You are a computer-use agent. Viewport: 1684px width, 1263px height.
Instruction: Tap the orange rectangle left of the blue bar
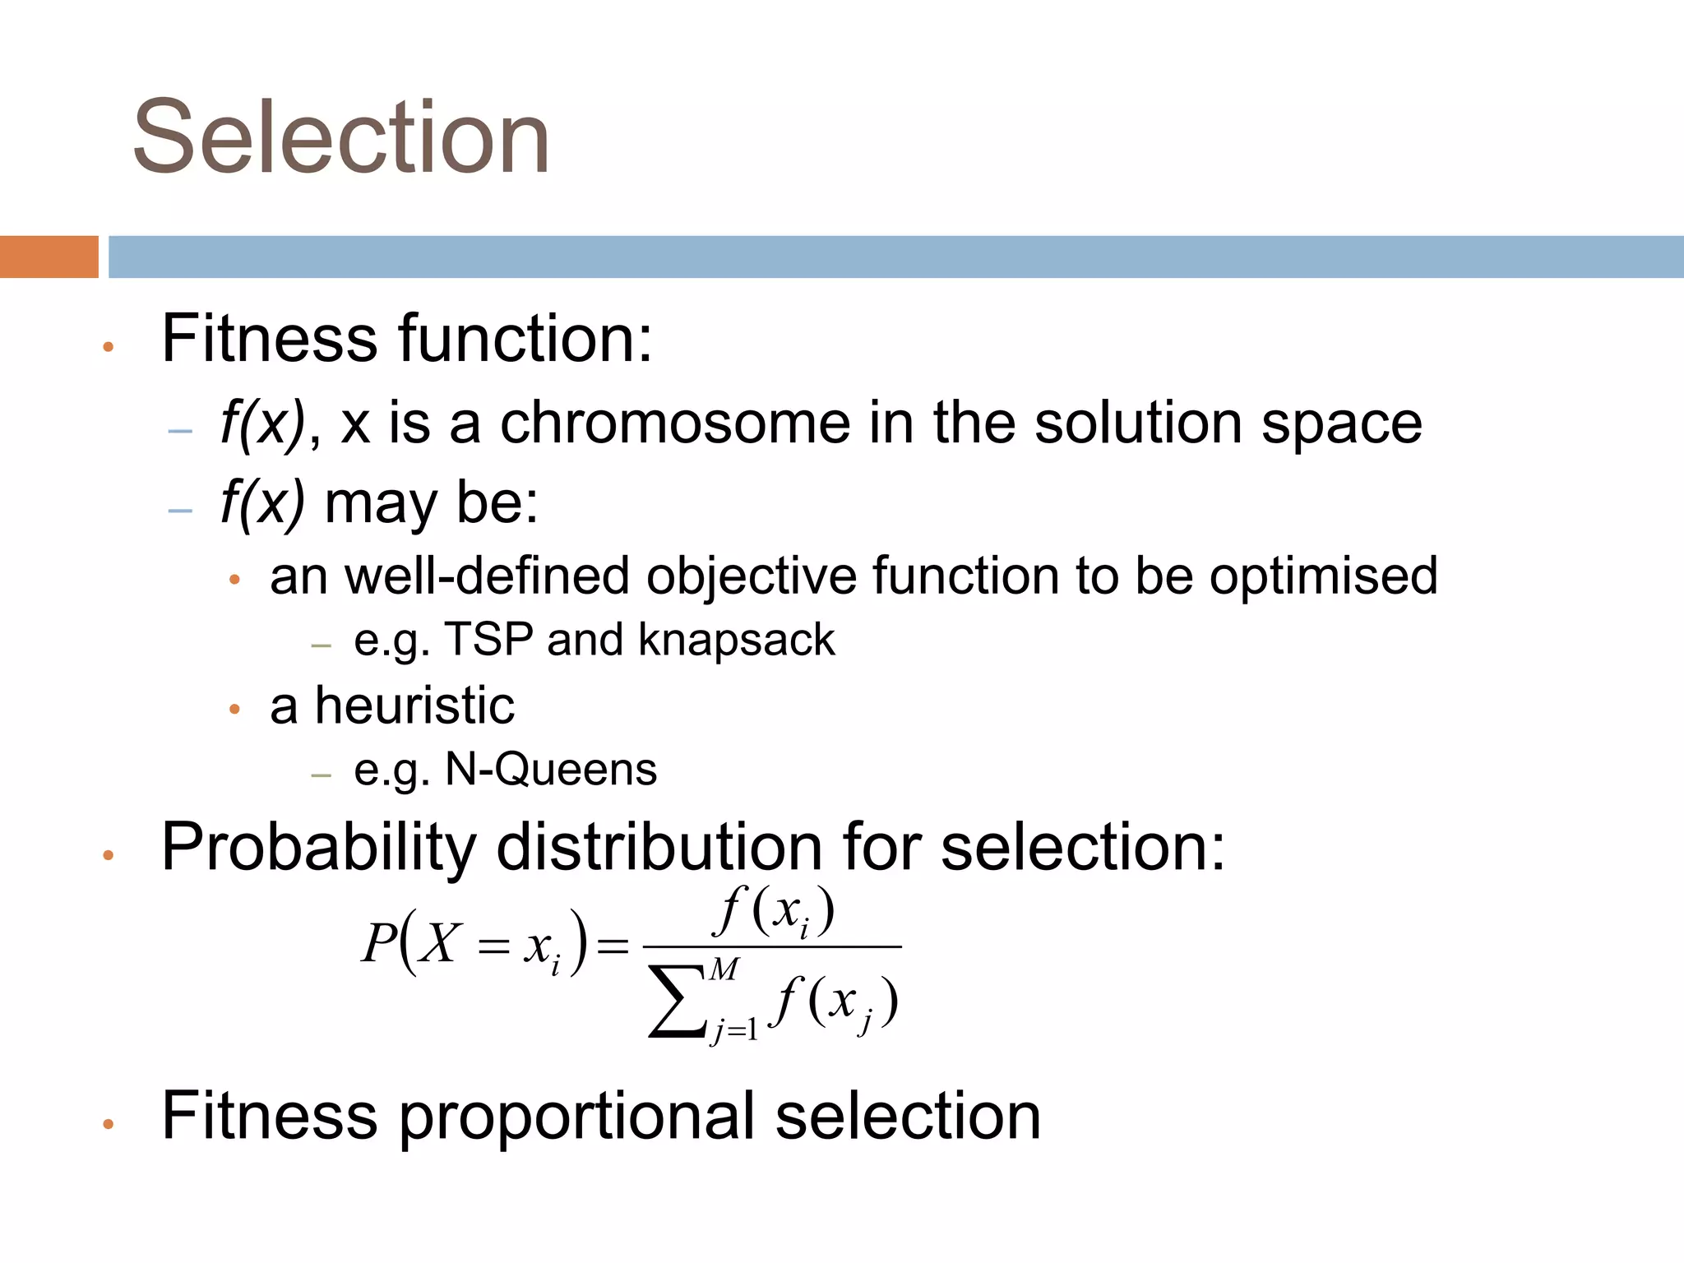point(49,257)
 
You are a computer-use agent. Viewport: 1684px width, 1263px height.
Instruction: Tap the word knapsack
point(736,640)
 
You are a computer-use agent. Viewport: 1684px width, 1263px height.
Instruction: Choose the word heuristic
point(414,706)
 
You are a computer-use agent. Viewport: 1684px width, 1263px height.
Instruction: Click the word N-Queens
point(550,770)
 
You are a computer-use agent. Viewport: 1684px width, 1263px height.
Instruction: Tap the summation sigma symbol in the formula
point(676,1001)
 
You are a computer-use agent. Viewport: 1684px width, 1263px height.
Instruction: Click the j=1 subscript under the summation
point(734,1029)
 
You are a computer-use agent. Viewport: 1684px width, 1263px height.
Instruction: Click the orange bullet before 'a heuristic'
point(234,709)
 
